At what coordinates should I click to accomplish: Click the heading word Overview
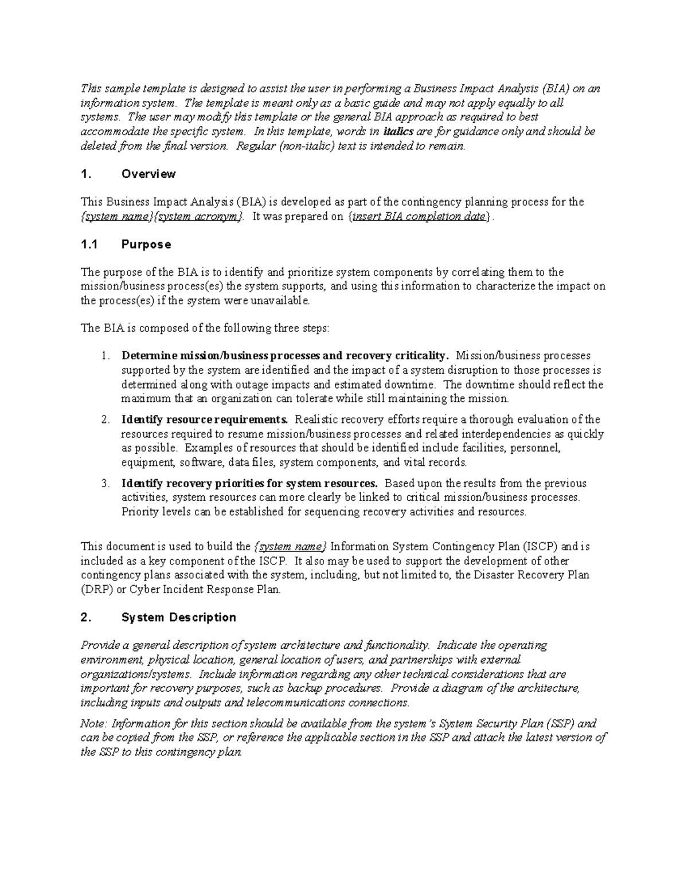[148, 174]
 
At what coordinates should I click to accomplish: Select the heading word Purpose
[146, 245]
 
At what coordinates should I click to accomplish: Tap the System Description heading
[179, 617]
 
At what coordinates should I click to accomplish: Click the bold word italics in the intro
[398, 132]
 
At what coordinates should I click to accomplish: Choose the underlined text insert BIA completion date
[419, 217]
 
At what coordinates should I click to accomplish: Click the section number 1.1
[89, 245]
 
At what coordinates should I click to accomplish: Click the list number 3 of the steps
[105, 484]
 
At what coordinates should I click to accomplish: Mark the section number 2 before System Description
[86, 617]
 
